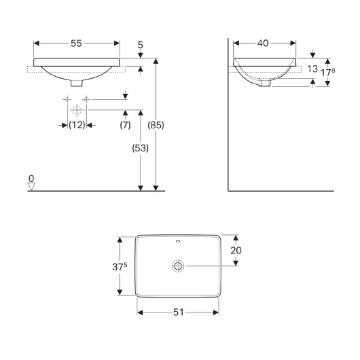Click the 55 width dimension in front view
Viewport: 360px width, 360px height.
click(76, 43)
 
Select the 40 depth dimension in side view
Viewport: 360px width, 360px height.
click(263, 43)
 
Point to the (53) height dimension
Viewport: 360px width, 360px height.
click(141, 147)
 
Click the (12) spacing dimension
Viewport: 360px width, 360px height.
click(77, 125)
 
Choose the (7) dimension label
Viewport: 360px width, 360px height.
click(126, 125)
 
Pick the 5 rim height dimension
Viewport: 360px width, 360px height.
click(140, 46)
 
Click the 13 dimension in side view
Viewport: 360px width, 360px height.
click(312, 68)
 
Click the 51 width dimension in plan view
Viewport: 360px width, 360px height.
click(179, 313)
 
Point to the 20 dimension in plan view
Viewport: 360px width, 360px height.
click(237, 250)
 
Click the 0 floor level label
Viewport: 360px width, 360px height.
click(31, 178)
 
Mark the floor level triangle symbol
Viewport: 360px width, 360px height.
click(31, 186)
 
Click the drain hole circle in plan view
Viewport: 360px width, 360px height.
click(179, 266)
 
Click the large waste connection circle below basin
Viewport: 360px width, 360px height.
click(77, 109)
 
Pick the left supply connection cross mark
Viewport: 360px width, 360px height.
click(68, 99)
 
